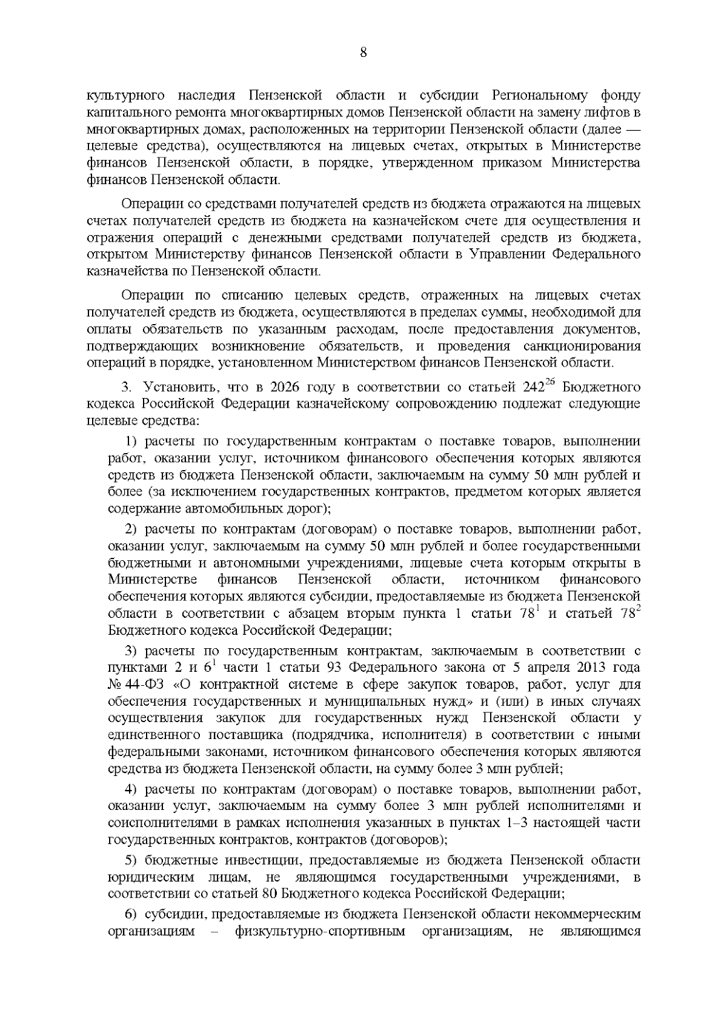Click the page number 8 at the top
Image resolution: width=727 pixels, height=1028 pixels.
point(363,53)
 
